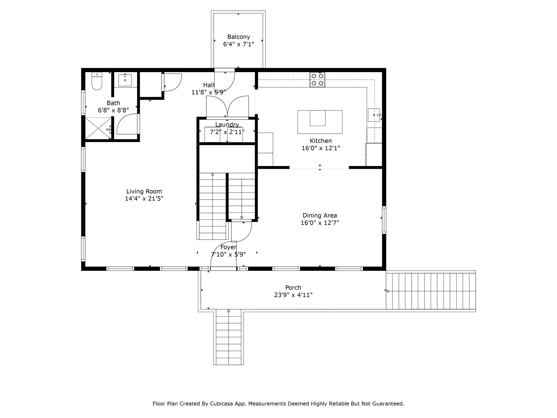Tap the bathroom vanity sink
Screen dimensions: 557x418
pos(125,80)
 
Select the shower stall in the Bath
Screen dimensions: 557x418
pos(98,128)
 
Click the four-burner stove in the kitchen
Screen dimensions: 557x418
pos(317,79)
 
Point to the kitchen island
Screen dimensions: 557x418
pos(320,122)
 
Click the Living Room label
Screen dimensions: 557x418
pos(144,191)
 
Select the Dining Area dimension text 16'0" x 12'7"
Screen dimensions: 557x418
pos(320,223)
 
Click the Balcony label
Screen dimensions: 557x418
pos(239,37)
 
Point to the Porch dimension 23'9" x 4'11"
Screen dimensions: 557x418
pos(293,295)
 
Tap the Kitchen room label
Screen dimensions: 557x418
pos(321,141)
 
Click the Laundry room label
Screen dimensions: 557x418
pos(227,125)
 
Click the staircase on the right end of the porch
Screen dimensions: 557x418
pos(431,291)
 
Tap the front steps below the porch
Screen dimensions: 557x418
pos(228,338)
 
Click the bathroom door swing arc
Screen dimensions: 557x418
pos(127,124)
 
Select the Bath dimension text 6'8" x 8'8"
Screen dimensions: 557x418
pos(113,110)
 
